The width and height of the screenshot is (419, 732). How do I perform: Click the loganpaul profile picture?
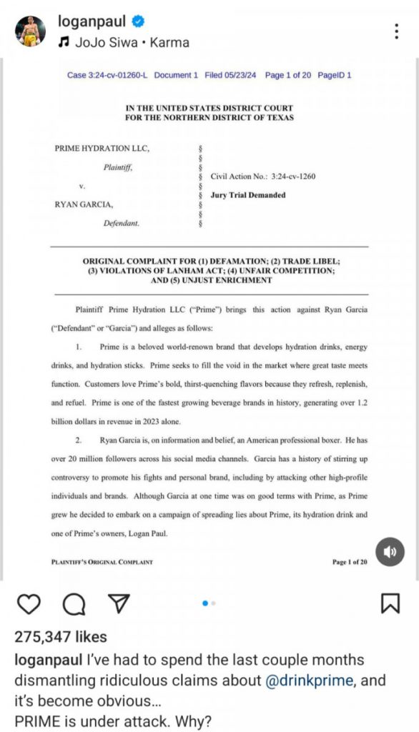(31, 31)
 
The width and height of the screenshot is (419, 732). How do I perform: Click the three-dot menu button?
(397, 31)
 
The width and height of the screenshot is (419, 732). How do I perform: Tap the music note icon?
(63, 42)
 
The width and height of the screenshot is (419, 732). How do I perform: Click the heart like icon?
(29, 604)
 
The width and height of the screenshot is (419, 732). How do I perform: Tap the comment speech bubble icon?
(73, 604)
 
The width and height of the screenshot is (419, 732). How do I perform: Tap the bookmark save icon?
(390, 604)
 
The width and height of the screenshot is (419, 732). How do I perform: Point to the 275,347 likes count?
(61, 636)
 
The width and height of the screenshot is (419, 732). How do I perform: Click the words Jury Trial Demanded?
(248, 195)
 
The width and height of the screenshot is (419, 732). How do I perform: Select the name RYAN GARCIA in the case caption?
(84, 204)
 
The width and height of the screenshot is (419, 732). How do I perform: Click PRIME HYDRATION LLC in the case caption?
(102, 148)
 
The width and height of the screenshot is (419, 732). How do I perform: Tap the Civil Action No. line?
(263, 176)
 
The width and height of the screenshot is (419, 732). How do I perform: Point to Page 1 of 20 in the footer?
(350, 562)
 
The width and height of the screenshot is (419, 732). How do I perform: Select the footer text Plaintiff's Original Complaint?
(102, 562)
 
